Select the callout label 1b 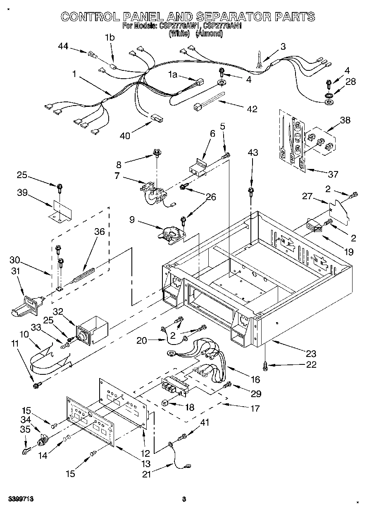[x=110, y=37]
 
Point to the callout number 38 [x=345, y=121]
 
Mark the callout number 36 [x=99, y=232]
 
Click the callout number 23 [x=310, y=353]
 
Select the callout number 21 [x=147, y=474]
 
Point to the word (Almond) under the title [x=210, y=34]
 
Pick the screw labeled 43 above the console [x=250, y=191]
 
